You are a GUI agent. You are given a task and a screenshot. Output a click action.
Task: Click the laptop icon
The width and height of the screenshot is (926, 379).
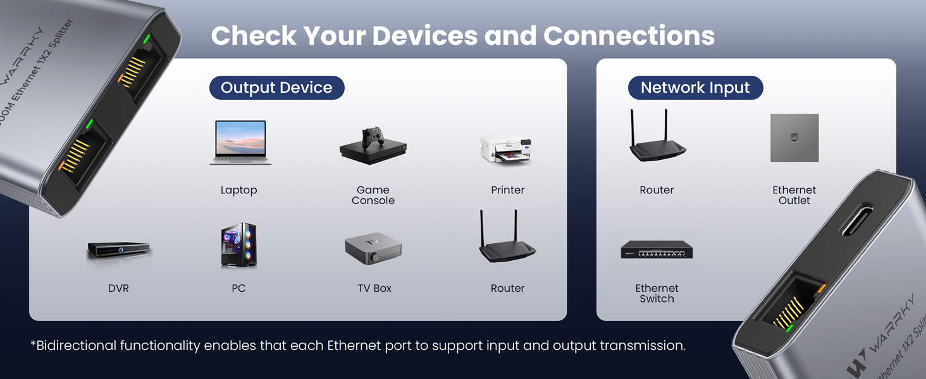[x=240, y=143]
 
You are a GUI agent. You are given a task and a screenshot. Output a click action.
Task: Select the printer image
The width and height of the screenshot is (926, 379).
[x=506, y=150]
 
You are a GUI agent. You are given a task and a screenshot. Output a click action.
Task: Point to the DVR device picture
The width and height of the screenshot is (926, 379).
[x=118, y=250]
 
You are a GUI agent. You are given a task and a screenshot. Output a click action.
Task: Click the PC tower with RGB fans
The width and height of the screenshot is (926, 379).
[x=238, y=245]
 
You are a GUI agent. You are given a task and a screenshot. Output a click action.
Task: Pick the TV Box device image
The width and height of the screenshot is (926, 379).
[x=373, y=248]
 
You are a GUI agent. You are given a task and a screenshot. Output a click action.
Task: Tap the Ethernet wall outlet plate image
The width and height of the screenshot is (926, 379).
[x=794, y=138]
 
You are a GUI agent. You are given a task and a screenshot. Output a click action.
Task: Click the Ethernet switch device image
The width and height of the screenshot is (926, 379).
[x=657, y=250]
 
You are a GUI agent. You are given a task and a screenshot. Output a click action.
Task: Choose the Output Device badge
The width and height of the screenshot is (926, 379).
[x=276, y=88]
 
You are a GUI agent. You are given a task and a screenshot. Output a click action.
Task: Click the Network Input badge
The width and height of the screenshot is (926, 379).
[x=695, y=88]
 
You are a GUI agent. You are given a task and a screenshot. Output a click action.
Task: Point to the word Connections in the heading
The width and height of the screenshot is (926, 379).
[x=629, y=36]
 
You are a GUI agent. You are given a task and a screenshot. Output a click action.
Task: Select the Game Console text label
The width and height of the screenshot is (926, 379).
[x=373, y=195]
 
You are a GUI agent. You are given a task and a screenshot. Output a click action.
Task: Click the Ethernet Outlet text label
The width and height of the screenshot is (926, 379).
[x=794, y=195]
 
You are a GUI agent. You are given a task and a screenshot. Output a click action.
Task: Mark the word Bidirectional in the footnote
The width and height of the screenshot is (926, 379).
[x=77, y=346]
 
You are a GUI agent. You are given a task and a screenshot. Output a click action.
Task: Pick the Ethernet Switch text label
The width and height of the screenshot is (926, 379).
[x=657, y=293]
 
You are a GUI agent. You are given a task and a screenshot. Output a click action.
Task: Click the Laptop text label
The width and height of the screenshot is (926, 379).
[x=238, y=190]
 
